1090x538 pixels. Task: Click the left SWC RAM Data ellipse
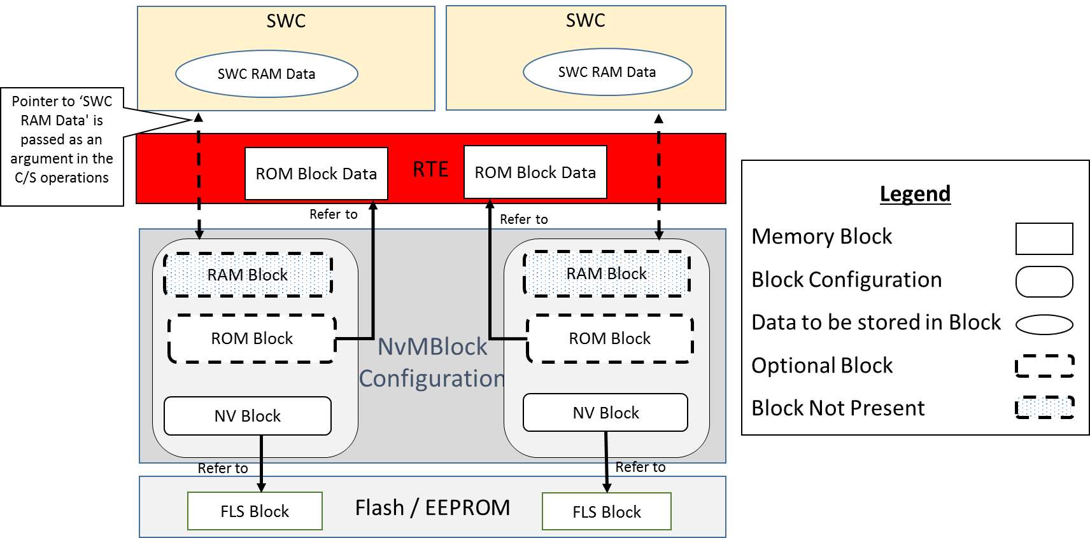(x=267, y=74)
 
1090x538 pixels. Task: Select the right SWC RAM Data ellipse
(x=608, y=72)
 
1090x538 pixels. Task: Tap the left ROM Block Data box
(x=316, y=174)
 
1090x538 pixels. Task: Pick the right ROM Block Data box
(x=535, y=172)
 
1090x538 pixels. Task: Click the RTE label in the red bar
(x=430, y=169)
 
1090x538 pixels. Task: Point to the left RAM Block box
(x=248, y=275)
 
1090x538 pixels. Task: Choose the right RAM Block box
(x=607, y=273)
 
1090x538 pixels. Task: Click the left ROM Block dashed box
(x=252, y=338)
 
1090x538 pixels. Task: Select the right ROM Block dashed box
(x=610, y=338)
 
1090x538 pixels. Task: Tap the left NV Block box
(x=248, y=416)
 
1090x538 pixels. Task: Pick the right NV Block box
(x=605, y=413)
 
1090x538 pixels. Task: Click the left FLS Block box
(x=255, y=511)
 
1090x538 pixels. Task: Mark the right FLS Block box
(x=607, y=512)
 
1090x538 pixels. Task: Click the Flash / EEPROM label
(x=432, y=508)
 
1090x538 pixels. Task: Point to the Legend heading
(x=916, y=193)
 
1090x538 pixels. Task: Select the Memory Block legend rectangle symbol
(x=1044, y=238)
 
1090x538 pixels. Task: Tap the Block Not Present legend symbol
(x=1044, y=407)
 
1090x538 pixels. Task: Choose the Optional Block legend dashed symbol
(x=1044, y=366)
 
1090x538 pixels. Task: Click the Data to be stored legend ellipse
(x=1044, y=325)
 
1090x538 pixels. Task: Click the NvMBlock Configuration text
(x=432, y=362)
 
